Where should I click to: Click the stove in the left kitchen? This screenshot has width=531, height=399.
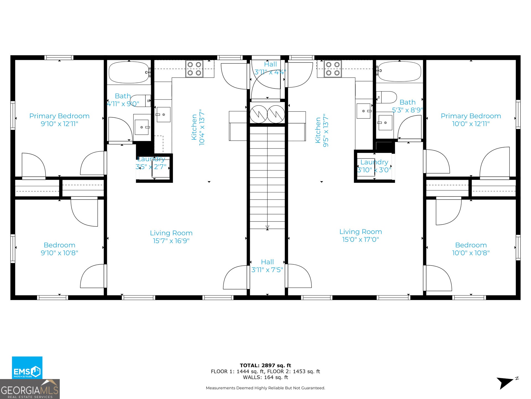[x=194, y=69]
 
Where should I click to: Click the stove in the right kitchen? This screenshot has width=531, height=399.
[x=333, y=69]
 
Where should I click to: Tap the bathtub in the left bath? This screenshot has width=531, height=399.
[x=129, y=72]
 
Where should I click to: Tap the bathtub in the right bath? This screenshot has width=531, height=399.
[x=399, y=71]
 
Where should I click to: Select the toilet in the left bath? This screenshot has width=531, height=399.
[x=140, y=101]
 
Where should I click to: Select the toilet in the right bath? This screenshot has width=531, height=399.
[x=386, y=97]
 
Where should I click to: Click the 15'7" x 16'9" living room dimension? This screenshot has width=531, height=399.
[x=171, y=241]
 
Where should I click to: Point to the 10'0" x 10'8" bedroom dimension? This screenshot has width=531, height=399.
[x=471, y=253]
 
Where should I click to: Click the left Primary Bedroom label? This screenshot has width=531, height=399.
[x=59, y=116]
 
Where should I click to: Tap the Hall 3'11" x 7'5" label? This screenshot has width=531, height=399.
[x=267, y=266]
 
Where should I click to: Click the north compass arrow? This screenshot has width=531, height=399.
[x=505, y=383]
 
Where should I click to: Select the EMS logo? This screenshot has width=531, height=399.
[x=27, y=367]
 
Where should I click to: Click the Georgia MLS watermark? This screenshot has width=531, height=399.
[x=30, y=389]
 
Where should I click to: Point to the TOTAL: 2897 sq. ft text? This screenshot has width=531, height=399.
[x=265, y=365]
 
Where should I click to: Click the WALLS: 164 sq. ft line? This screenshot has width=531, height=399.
[x=265, y=377]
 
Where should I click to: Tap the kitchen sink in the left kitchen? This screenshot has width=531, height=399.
[x=163, y=114]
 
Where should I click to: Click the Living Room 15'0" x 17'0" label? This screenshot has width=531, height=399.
[x=361, y=236]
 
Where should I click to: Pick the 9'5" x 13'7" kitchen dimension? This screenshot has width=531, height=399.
[x=326, y=130]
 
